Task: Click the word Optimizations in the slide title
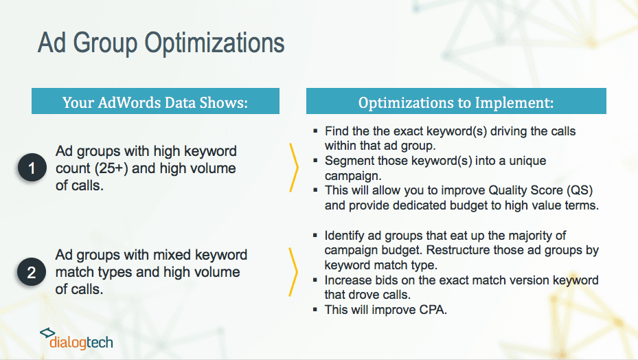tap(214, 43)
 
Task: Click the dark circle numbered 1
tap(32, 168)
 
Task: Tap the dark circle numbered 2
tap(32, 271)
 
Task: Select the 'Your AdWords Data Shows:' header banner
tap(155, 101)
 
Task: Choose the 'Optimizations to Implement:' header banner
tap(456, 101)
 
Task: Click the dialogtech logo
tap(76, 339)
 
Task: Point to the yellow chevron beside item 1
tap(294, 167)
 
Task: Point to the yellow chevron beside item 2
tap(293, 271)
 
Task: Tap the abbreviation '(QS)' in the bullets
tap(580, 190)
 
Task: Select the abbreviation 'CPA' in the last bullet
tap(432, 310)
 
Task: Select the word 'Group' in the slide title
tap(105, 43)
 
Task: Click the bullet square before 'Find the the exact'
tap(315, 131)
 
